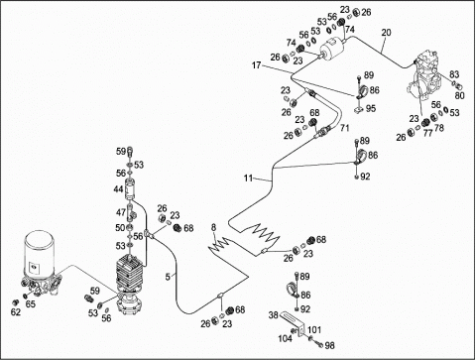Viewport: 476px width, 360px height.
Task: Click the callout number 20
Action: pos(386,33)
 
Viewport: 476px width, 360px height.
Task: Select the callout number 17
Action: pos(256,65)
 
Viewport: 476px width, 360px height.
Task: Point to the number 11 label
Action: pos(248,179)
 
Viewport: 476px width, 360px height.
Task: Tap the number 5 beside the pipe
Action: pos(168,277)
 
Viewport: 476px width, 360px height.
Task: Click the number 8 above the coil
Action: pos(213,227)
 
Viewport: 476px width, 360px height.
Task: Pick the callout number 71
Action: pos(344,128)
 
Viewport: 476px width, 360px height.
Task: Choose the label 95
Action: pos(371,108)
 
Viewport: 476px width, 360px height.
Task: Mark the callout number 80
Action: pos(459,95)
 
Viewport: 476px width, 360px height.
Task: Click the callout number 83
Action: pos(454,74)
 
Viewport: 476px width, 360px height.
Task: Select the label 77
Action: pos(428,133)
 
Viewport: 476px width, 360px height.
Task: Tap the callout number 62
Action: pos(15,311)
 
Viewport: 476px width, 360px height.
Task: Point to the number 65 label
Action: pos(30,303)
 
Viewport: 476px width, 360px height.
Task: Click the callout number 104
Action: pos(285,338)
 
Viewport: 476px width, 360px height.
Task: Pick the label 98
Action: pos(329,345)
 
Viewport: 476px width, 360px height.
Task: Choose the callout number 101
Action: pos(314,329)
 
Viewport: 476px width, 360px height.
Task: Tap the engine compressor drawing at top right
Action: pos(424,76)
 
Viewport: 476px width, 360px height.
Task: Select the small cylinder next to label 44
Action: pos(130,189)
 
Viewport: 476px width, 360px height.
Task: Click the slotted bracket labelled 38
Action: pos(293,324)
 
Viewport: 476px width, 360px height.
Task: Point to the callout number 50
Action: pos(120,228)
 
